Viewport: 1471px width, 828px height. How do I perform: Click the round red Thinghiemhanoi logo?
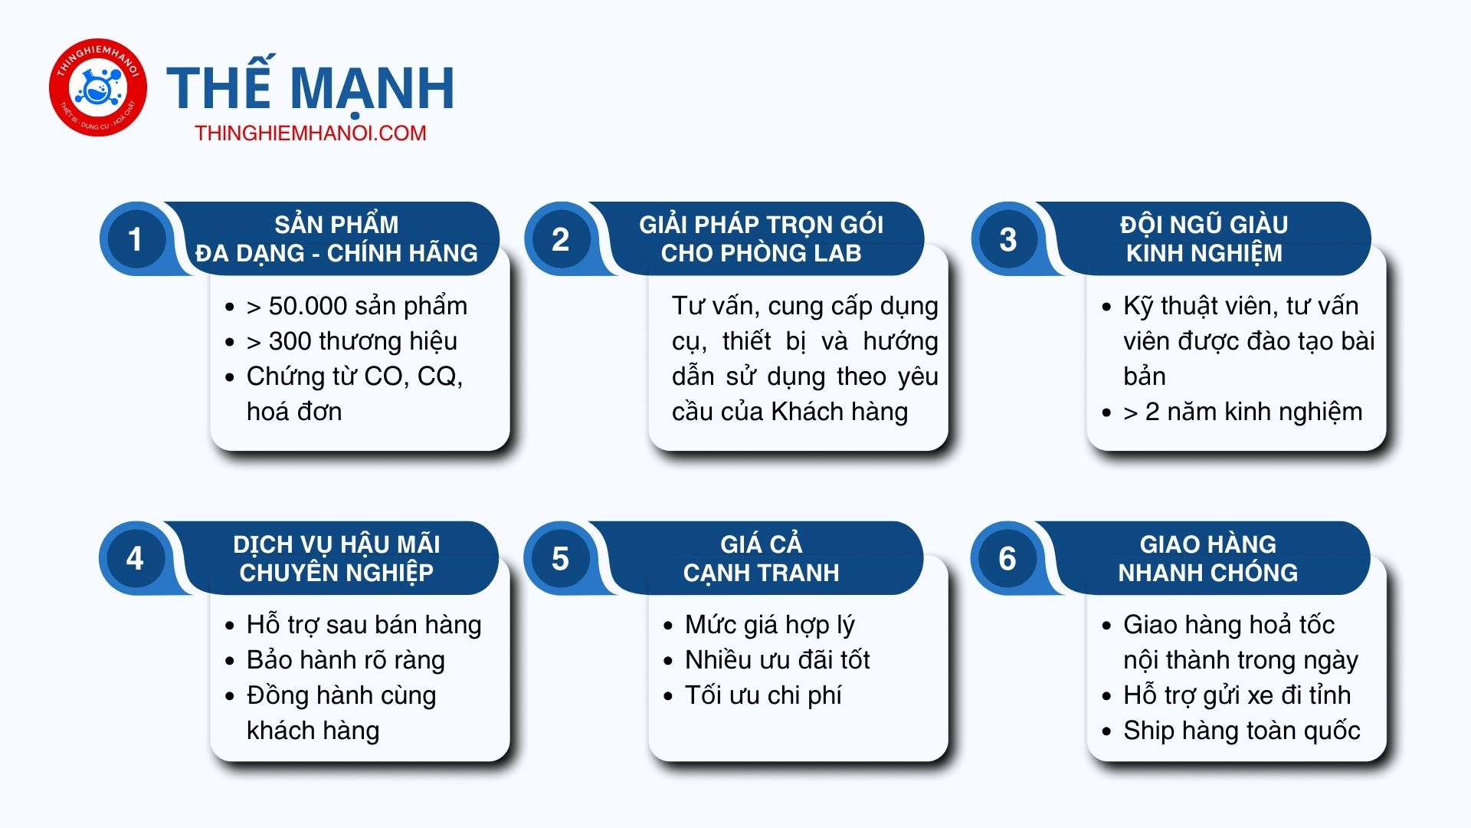pos(98,87)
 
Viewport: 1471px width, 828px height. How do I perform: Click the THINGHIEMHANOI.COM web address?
pos(310,133)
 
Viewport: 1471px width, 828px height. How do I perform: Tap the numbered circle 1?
pos(135,239)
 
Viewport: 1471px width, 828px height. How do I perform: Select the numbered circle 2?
pos(560,239)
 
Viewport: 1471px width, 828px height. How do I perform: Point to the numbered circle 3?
pos(1007,239)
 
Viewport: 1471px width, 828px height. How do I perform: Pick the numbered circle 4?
pos(135,558)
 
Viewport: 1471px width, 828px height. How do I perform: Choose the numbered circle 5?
pos(560,558)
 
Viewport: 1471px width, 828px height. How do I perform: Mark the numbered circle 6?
pos(1007,558)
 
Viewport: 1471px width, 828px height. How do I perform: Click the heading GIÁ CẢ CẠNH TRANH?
pos(761,558)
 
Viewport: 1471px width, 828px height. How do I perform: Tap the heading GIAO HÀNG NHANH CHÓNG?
pos(1208,558)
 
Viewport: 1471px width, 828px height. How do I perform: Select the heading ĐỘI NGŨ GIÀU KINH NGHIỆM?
pos(1204,239)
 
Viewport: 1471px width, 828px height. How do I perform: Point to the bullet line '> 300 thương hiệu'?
pos(352,341)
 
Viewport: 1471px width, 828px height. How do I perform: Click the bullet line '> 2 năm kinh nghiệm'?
pos(1243,412)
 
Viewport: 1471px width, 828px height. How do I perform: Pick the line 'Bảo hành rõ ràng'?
pos(346,660)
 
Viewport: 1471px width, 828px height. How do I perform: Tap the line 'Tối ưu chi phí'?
pos(763,695)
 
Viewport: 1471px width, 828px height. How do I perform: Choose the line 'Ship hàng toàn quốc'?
pos(1242,731)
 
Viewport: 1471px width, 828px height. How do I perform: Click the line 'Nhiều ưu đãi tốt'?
pos(778,660)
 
